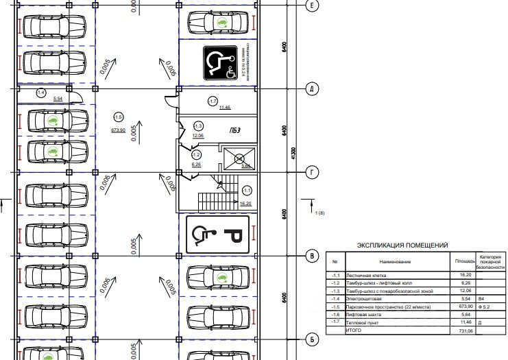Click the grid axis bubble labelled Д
point(311,89)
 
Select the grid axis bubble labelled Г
point(311,172)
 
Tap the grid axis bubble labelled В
point(311,256)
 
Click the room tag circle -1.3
point(198,126)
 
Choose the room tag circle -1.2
point(195,156)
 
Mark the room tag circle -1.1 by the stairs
point(247,190)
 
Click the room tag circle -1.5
point(118,117)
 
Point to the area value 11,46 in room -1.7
point(225,108)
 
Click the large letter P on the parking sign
point(233,235)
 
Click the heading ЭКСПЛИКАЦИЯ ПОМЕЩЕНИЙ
point(402,244)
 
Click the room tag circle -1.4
point(40,92)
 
